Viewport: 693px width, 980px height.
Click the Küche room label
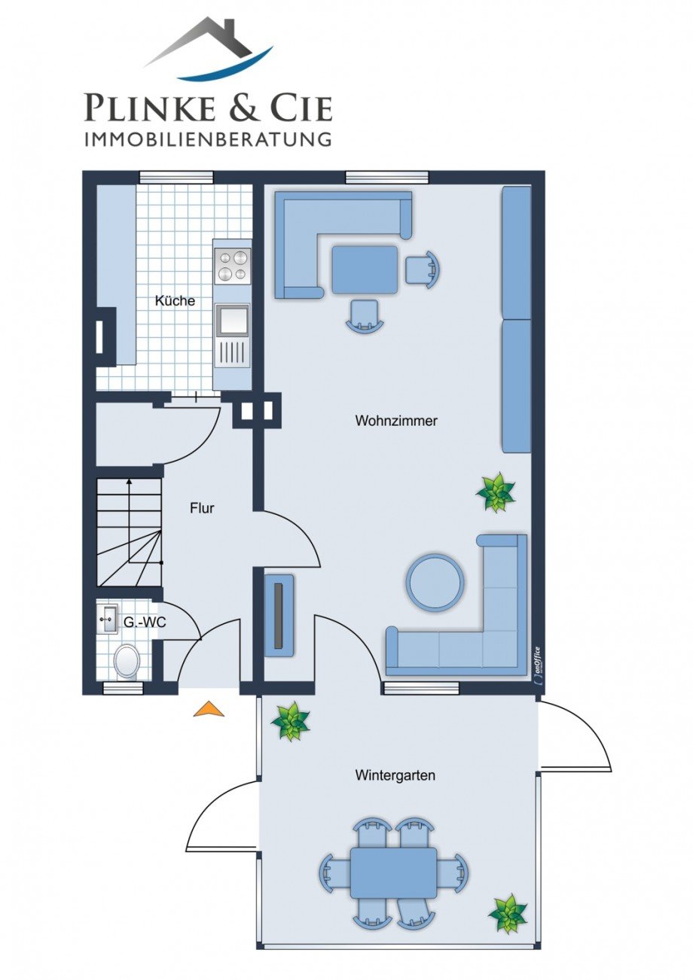tap(175, 301)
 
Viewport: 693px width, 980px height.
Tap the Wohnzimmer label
tap(396, 421)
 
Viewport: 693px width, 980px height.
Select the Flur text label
tap(202, 508)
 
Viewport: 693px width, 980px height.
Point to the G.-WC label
tap(145, 622)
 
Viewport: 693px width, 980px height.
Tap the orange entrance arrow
tap(209, 708)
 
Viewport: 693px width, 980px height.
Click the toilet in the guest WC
tap(127, 662)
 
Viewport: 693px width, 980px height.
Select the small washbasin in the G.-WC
tap(107, 619)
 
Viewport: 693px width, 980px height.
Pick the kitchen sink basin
tap(232, 320)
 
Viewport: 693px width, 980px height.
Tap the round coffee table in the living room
tap(435, 583)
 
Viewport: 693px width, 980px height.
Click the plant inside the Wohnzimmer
tap(496, 492)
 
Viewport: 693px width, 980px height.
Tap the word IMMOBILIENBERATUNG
tap(207, 139)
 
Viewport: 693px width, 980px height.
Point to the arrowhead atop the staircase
tap(129, 482)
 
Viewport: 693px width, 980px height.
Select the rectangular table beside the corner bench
tap(365, 269)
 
